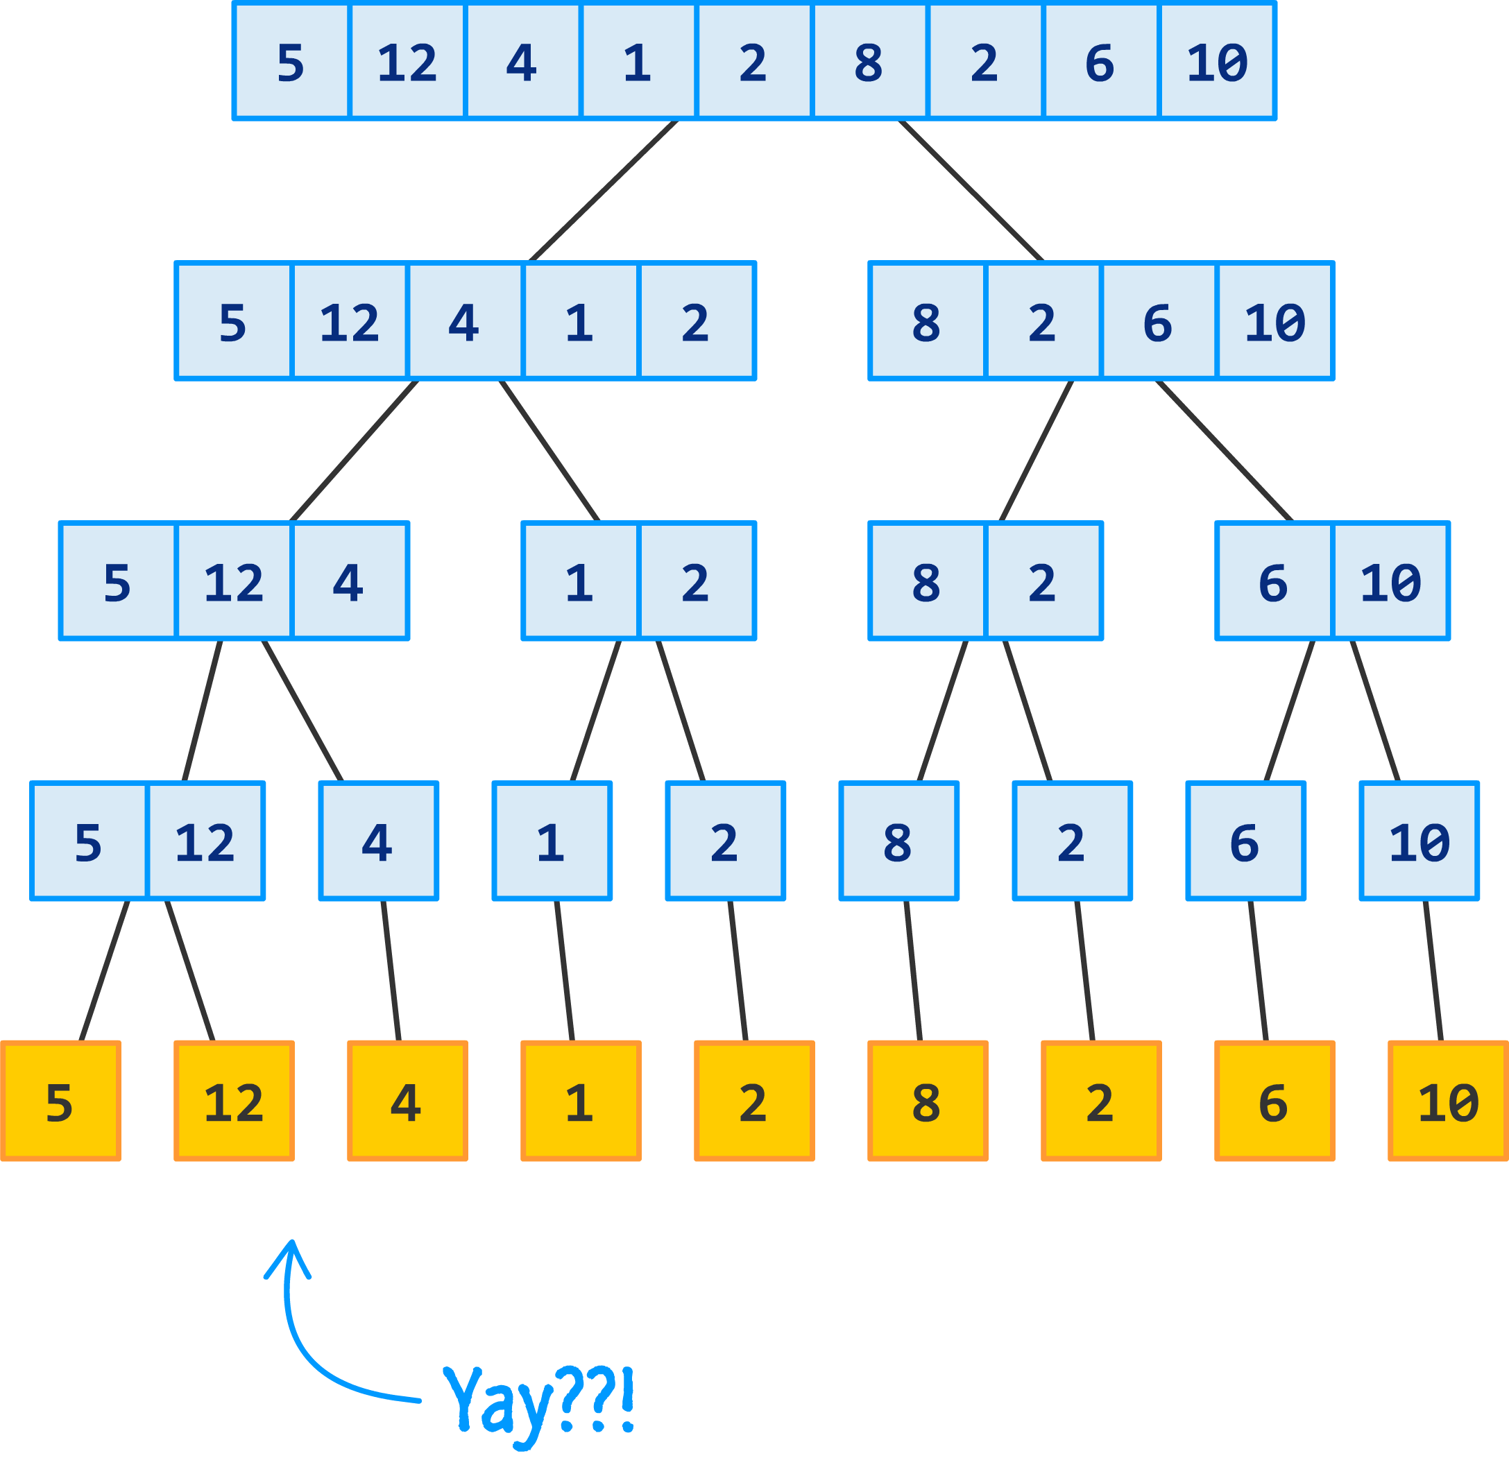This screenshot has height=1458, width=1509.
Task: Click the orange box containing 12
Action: pyautogui.click(x=234, y=1101)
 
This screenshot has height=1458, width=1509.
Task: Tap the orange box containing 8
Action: pyautogui.click(x=928, y=1101)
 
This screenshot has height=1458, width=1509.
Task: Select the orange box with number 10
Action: pyautogui.click(x=1447, y=1101)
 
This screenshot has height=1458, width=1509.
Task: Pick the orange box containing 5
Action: pyautogui.click(x=61, y=1101)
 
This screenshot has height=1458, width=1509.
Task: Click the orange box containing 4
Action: pyautogui.click(x=407, y=1101)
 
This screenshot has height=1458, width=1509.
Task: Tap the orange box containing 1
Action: pyautogui.click(x=581, y=1101)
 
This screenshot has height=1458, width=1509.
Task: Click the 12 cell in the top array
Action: pyautogui.click(x=407, y=62)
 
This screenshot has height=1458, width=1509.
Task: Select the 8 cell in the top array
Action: pyautogui.click(x=869, y=62)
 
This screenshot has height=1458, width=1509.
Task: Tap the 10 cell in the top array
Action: pyautogui.click(x=1217, y=62)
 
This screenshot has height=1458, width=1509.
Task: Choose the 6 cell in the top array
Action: pyautogui.click(x=1100, y=62)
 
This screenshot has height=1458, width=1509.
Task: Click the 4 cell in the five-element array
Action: pyautogui.click(x=464, y=321)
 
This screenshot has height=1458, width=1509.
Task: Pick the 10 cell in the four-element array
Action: pyautogui.click(x=1275, y=321)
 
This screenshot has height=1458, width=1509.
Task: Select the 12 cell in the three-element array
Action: pyautogui.click(x=234, y=581)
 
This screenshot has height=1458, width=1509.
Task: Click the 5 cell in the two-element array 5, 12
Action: pyautogui.click(x=89, y=841)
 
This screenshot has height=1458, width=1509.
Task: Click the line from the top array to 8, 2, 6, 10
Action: pyautogui.click(x=971, y=191)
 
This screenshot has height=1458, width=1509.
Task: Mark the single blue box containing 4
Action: pyautogui.click(x=378, y=841)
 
